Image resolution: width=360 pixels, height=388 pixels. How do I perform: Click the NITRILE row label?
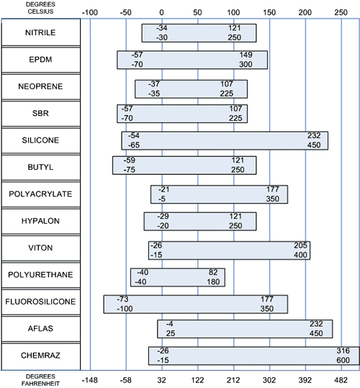pyautogui.click(x=40, y=32)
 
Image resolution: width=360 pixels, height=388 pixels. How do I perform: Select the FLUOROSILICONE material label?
pyautogui.click(x=40, y=302)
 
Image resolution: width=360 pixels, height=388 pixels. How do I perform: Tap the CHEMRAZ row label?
pyautogui.click(x=40, y=356)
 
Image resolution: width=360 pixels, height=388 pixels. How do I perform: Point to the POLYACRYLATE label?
pyautogui.click(x=40, y=194)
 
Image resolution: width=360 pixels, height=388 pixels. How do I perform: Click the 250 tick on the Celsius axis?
pyautogui.click(x=341, y=12)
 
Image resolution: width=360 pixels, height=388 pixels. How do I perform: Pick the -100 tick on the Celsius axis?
pyautogui.click(x=90, y=12)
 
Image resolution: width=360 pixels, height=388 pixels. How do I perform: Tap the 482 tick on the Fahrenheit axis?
pyautogui.click(x=341, y=380)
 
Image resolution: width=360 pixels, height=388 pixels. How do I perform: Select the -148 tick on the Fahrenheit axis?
pyautogui.click(x=90, y=380)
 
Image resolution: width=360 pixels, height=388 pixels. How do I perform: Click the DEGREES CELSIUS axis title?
pyautogui.click(x=40, y=8)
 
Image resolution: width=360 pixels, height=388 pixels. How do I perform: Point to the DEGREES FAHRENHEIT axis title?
pyautogui.click(x=40, y=380)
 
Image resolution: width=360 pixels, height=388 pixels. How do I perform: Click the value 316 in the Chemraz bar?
pyautogui.click(x=343, y=351)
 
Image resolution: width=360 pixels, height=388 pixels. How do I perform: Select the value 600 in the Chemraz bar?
pyautogui.click(x=343, y=360)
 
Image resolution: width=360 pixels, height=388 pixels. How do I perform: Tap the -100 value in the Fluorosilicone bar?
pyautogui.click(x=125, y=309)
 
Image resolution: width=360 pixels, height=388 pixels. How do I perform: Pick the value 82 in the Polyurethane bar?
pyautogui.click(x=213, y=272)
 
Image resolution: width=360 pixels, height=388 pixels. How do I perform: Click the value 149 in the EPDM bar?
pyautogui.click(x=246, y=55)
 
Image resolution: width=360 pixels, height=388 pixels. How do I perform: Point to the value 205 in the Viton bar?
pyautogui.click(x=300, y=245)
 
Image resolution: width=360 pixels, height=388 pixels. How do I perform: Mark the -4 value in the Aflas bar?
pyautogui.click(x=169, y=324)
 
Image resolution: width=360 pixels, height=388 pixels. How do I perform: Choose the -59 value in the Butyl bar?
pyautogui.click(x=130, y=160)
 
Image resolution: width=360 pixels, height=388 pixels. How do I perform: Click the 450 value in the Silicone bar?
pyautogui.click(x=314, y=145)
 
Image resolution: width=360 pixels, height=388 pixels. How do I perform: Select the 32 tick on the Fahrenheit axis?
pyautogui.click(x=161, y=380)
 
